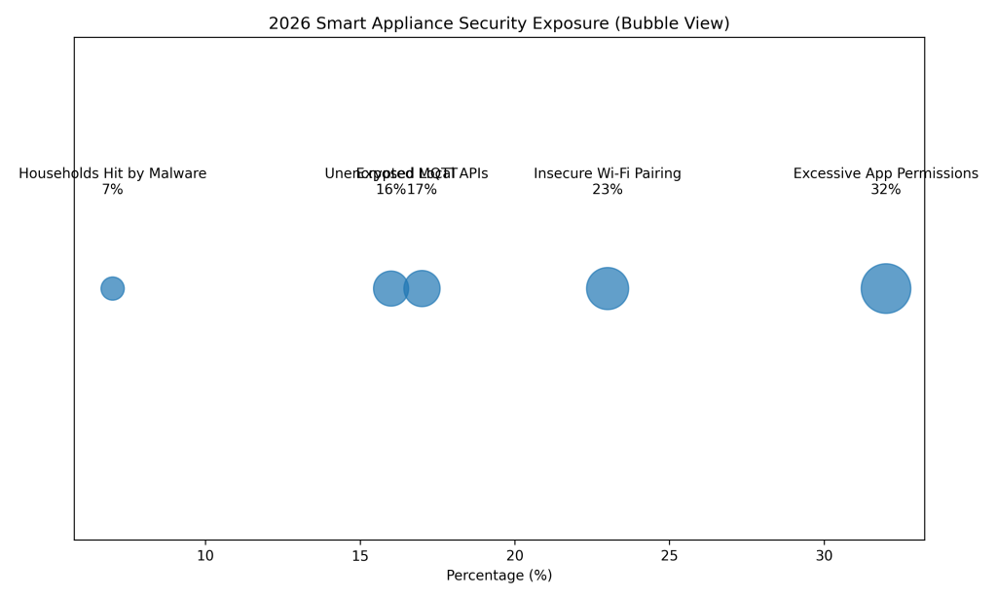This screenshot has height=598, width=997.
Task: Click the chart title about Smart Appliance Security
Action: pyautogui.click(x=498, y=23)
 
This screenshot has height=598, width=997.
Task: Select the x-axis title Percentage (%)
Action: pyautogui.click(x=498, y=576)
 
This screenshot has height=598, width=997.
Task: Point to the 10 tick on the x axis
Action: pyautogui.click(x=205, y=555)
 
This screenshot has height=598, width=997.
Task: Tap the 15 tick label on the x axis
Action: pyautogui.click(x=360, y=555)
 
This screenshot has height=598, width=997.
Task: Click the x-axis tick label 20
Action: pyautogui.click(x=514, y=555)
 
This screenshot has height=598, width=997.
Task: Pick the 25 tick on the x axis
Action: pyautogui.click(x=669, y=555)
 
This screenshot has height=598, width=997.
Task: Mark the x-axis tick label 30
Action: pyautogui.click(x=824, y=555)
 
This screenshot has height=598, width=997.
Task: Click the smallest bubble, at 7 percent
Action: pyautogui.click(x=112, y=288)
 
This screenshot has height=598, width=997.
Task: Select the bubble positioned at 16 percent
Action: pyautogui.click(x=388, y=288)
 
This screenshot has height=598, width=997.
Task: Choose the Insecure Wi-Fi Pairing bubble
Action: pyautogui.click(x=608, y=288)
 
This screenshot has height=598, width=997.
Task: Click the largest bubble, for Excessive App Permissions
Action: pyautogui.click(x=886, y=288)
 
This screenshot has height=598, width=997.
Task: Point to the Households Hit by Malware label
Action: pyautogui.click(x=112, y=173)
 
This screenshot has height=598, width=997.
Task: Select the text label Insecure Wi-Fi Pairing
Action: pyautogui.click(x=608, y=173)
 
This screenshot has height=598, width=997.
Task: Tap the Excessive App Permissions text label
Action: pyautogui.click(x=886, y=173)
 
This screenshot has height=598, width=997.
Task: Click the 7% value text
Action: pyautogui.click(x=112, y=190)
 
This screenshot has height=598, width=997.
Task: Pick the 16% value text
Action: pyautogui.click(x=389, y=190)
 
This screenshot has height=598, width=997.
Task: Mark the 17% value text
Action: pyautogui.click(x=423, y=190)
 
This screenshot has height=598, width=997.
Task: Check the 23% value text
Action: pyautogui.click(x=608, y=190)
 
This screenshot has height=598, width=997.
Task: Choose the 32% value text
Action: pyautogui.click(x=886, y=190)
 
